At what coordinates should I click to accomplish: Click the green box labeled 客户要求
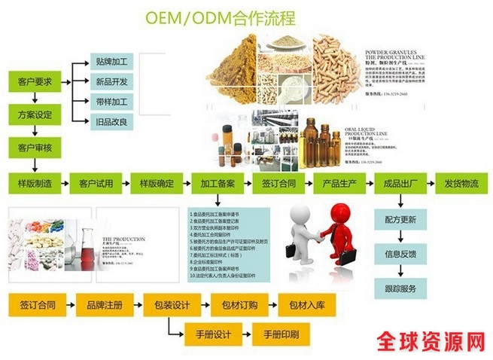coord(35,82)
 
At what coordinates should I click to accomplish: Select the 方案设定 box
coord(35,115)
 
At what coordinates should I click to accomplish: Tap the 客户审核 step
coord(35,148)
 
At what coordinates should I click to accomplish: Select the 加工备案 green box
coord(218,183)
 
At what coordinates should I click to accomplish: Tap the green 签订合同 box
coord(278,183)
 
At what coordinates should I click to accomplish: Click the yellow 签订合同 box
coord(37,305)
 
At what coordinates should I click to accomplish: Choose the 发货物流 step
coord(461,183)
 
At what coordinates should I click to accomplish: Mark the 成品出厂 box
coord(400,183)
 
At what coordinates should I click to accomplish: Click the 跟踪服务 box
coord(400,288)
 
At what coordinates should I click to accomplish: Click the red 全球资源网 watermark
coord(428,341)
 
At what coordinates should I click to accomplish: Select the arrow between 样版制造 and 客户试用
coord(66,183)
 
